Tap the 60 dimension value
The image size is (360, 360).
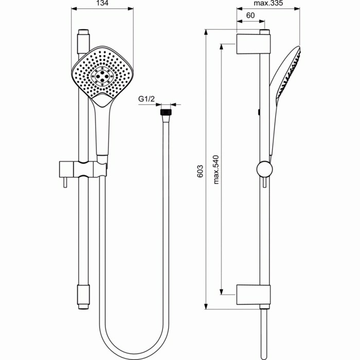[x=250, y=15]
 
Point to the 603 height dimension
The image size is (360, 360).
[x=200, y=171]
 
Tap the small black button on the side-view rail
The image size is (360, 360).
[x=259, y=111]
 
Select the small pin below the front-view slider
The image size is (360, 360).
[x=64, y=182]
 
